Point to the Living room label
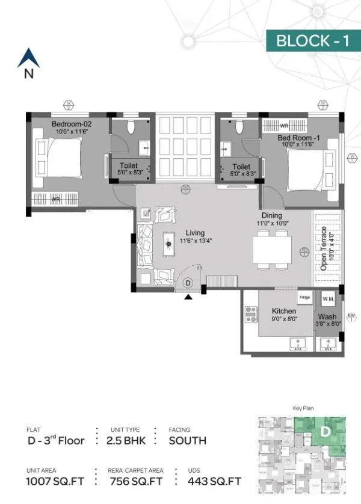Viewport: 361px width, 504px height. [x=195, y=233]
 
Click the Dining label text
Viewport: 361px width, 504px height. [x=272, y=215]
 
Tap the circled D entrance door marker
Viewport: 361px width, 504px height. [x=188, y=282]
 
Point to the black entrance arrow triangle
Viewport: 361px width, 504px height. [x=189, y=297]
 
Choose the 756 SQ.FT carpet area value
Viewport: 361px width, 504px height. [x=137, y=481]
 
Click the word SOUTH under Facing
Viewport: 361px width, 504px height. [x=187, y=440]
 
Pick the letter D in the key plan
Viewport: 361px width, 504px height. [x=324, y=431]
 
